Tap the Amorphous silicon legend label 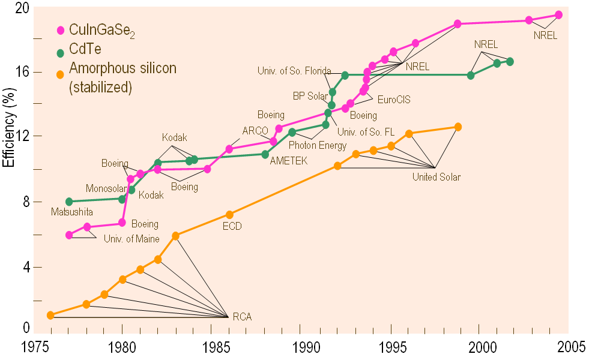click(x=123, y=68)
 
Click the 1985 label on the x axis click(x=211, y=347)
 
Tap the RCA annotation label click(x=243, y=316)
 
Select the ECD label click(x=232, y=226)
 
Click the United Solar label click(x=436, y=177)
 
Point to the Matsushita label click(x=72, y=212)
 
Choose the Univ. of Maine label click(x=131, y=239)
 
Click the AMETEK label click(x=289, y=161)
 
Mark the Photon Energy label click(x=318, y=145)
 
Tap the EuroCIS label click(x=394, y=100)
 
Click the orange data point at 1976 click(x=50, y=315)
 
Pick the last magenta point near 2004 click(x=558, y=14)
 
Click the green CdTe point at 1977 click(x=69, y=202)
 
